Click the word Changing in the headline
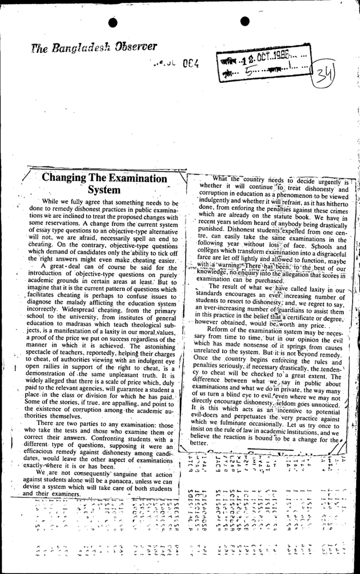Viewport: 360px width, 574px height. click(63, 178)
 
